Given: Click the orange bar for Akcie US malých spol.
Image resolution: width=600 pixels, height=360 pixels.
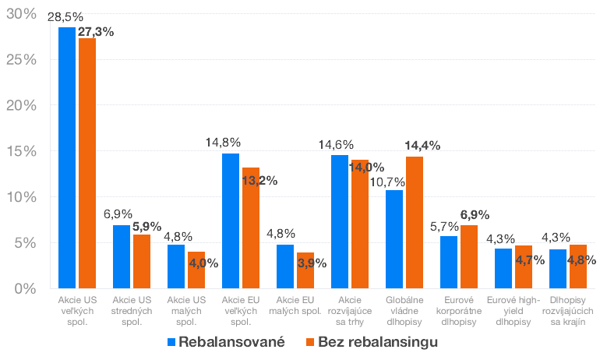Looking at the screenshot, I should pos(196,270).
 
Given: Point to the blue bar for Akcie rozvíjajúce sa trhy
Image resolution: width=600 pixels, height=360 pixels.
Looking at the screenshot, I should pos(340,221).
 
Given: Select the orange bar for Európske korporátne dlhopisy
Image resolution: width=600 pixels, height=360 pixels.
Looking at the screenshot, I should pos(469,256).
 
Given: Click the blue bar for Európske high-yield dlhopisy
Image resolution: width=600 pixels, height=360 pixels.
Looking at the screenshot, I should pos(503,268).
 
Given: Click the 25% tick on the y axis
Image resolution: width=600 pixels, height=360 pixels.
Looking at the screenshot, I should pos(22,60).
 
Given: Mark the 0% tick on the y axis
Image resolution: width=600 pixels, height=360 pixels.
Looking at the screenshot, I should pos(26,288).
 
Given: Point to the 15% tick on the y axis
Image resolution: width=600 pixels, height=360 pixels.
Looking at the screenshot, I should pos(22,151).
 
